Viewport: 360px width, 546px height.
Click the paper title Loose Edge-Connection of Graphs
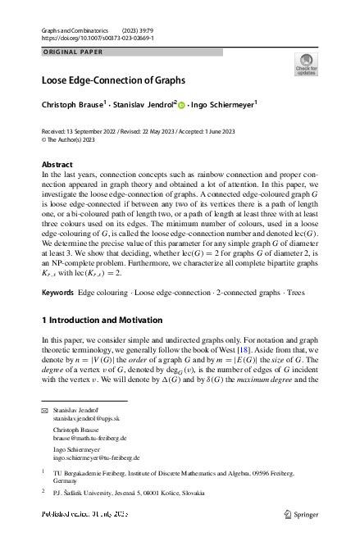click(113, 80)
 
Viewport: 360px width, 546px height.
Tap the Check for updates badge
click(306, 64)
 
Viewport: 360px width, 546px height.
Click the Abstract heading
click(57, 164)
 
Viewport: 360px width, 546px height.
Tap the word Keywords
click(57, 293)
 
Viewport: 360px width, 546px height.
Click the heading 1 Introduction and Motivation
click(102, 320)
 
